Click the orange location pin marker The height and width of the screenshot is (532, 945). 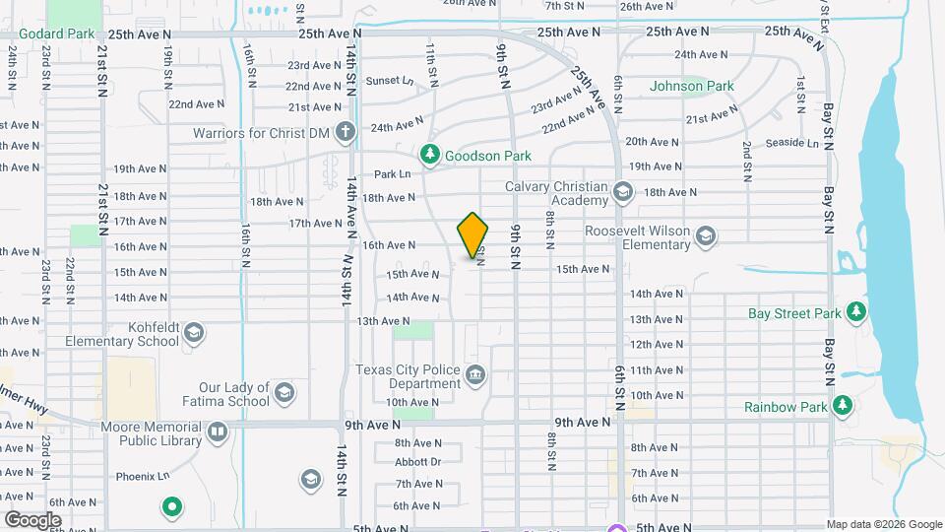pyautogui.click(x=472, y=236)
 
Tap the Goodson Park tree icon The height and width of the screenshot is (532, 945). pyautogui.click(x=429, y=154)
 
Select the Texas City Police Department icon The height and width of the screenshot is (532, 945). pyautogui.click(x=475, y=374)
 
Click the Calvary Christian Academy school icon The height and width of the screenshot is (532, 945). pyautogui.click(x=622, y=191)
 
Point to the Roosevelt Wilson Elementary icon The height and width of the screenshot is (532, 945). pyautogui.click(x=705, y=235)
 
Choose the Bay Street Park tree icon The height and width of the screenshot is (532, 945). pyautogui.click(x=856, y=313)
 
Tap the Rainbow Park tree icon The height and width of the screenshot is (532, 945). pyautogui.click(x=843, y=406)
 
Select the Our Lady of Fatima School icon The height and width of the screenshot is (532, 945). pyautogui.click(x=284, y=394)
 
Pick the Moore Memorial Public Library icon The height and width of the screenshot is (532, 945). pyautogui.click(x=217, y=431)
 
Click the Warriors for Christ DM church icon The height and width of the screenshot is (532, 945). pyautogui.click(x=345, y=131)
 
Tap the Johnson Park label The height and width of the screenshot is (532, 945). pyautogui.click(x=691, y=86)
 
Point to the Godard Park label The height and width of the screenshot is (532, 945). pyautogui.click(x=54, y=33)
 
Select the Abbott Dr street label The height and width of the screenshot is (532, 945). pyautogui.click(x=418, y=461)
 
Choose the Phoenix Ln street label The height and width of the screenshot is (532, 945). pyautogui.click(x=136, y=476)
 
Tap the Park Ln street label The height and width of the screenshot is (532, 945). pyautogui.click(x=392, y=174)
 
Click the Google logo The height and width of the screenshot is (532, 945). pyautogui.click(x=33, y=519)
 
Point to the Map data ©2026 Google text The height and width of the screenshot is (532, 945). pyautogui.click(x=883, y=524)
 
